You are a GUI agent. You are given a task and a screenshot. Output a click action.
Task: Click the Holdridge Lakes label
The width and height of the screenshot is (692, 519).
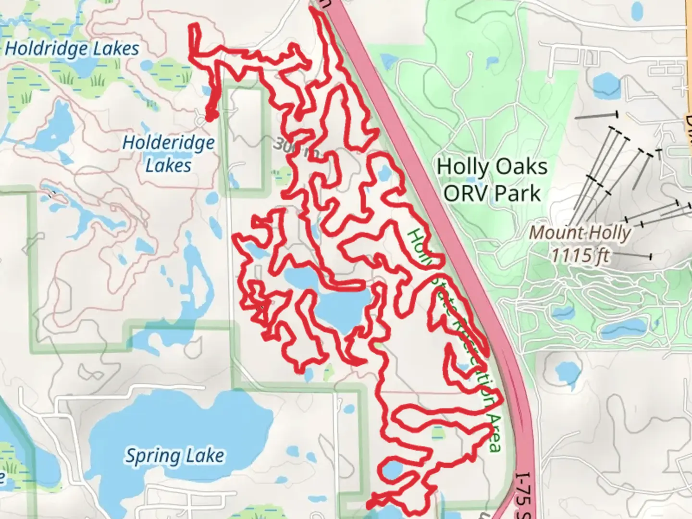[72, 49]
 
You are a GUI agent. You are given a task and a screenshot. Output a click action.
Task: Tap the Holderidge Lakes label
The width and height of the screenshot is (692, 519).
[168, 154]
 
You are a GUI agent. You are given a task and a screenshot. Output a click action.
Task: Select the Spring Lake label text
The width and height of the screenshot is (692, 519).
[174, 456]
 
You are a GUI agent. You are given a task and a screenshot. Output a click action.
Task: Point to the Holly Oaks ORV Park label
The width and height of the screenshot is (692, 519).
[492, 180]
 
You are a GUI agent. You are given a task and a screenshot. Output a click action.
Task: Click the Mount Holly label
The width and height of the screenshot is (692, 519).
[580, 233]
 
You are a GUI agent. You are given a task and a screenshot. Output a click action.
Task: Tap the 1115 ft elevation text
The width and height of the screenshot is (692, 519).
[580, 255]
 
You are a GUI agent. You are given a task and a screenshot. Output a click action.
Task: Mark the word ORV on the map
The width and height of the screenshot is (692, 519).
[465, 193]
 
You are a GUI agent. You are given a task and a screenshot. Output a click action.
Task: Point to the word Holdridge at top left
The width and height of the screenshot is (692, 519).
[47, 49]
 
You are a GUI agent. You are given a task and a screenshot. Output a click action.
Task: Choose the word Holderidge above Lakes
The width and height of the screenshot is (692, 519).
[168, 143]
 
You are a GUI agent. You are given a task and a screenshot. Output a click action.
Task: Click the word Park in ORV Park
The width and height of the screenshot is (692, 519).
[518, 193]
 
